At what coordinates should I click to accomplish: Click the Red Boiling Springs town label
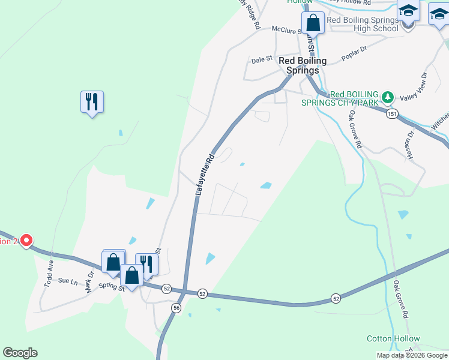pyautogui.click(x=303, y=65)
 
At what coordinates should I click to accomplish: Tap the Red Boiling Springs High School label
pyautogui.click(x=363, y=24)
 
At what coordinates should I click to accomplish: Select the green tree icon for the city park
pyautogui.click(x=388, y=97)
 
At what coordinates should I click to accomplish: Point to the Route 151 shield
pyautogui.click(x=392, y=113)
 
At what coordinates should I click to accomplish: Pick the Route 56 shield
pyautogui.click(x=176, y=307)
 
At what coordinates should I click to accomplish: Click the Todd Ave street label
pyautogui.click(x=49, y=274)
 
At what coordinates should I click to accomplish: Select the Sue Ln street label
pyautogui.click(x=68, y=281)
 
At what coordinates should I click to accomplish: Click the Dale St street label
pyautogui.click(x=262, y=60)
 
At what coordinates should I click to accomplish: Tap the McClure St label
pyautogui.click(x=285, y=29)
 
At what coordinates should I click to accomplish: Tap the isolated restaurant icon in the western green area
pyautogui.click(x=92, y=102)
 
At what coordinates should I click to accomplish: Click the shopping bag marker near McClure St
pyautogui.click(x=313, y=23)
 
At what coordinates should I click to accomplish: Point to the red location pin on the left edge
pyautogui.click(x=26, y=241)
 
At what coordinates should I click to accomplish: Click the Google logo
pyautogui.click(x=20, y=353)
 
